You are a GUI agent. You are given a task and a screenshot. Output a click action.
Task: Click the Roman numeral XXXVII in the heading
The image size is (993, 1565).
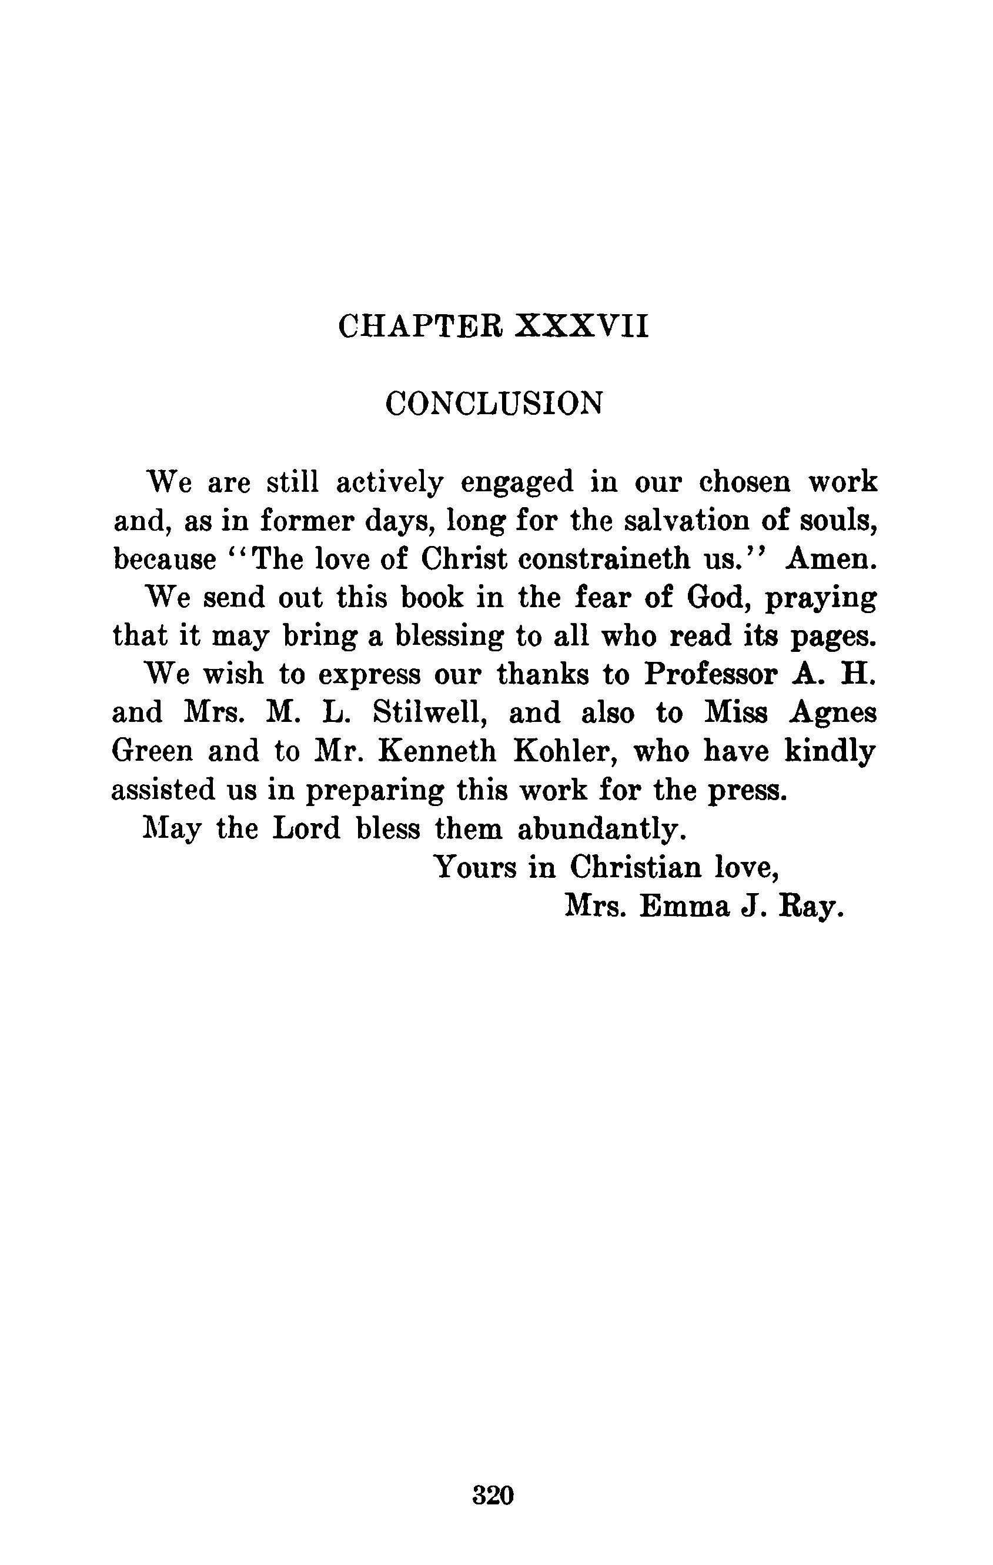(581, 327)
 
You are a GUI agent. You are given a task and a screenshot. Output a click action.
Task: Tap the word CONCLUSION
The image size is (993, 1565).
(494, 404)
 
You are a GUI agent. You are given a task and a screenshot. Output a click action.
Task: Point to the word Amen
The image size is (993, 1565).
(831, 560)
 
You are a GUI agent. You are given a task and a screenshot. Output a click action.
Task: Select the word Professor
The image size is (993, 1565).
(710, 675)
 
